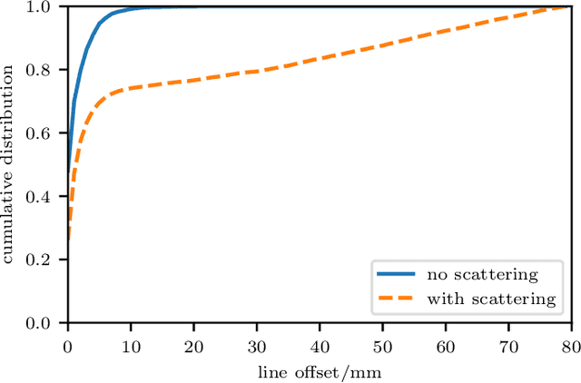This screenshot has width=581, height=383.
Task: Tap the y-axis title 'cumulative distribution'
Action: [x=11, y=165]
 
